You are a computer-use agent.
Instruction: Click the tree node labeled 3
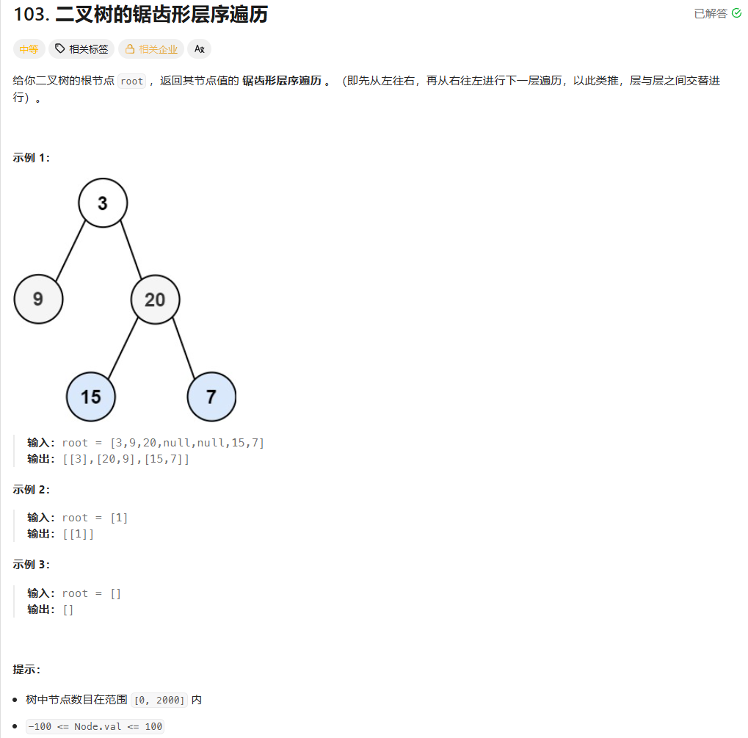pos(103,203)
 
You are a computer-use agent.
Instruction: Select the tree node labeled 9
pos(38,299)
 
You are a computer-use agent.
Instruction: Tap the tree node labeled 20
pos(155,299)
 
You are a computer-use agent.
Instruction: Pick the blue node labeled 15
pos(90,397)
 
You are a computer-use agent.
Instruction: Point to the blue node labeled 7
pos(211,397)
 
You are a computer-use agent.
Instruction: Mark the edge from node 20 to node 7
pos(184,347)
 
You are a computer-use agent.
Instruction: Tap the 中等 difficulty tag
pos(29,49)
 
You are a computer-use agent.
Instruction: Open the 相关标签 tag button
pos(81,49)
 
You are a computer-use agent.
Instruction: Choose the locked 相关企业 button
pos(151,49)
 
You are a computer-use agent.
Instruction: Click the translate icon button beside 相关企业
pos(199,49)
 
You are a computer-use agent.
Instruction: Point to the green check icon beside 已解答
pos(736,14)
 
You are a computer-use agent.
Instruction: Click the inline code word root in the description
pos(132,82)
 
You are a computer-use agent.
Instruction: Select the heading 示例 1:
pos(32,158)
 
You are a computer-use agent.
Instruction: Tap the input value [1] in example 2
pos(119,518)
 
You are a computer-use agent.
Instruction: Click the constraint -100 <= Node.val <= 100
pos(95,726)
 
